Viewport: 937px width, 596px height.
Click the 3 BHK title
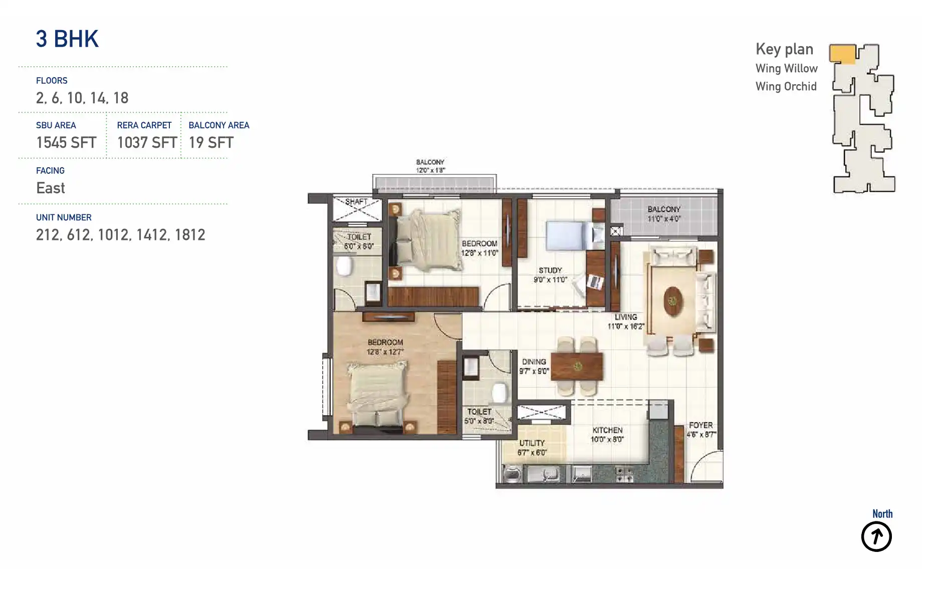tap(67, 39)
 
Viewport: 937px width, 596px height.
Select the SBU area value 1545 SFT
tap(66, 143)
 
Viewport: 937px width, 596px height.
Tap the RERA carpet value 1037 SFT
tap(147, 143)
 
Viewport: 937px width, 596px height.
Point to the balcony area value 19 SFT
tap(211, 143)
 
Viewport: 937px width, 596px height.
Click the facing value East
tap(51, 188)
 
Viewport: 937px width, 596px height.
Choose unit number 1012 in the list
tap(113, 235)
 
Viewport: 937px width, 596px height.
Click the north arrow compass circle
tap(876, 537)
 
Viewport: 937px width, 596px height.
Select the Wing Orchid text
tap(786, 87)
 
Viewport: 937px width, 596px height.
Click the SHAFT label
tap(356, 202)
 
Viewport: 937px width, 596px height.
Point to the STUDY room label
tap(550, 270)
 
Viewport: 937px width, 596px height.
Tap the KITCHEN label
tap(607, 430)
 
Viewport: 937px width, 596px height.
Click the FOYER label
tap(700, 425)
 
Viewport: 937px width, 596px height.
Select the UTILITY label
tap(532, 443)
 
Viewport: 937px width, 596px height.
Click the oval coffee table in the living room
tap(673, 301)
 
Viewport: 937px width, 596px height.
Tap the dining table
tap(577, 367)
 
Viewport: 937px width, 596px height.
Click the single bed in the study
tap(569, 235)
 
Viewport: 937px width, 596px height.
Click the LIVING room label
tap(626, 317)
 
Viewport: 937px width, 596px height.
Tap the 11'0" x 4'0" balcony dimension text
tap(664, 219)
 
